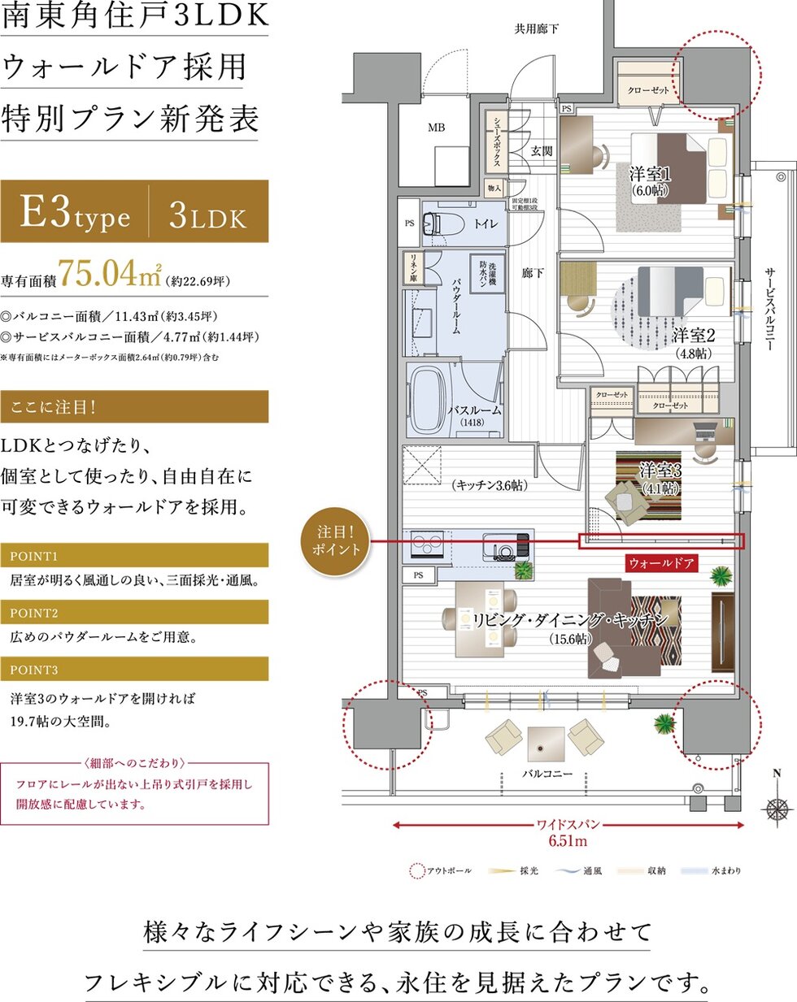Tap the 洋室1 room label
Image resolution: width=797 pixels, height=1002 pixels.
coord(650,175)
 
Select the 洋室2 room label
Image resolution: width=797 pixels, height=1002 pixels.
coord(693,336)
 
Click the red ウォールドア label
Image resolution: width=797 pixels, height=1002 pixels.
coord(661,562)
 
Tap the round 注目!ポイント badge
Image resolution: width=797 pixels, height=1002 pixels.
coord(336,540)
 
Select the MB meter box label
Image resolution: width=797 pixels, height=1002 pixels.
coord(437,128)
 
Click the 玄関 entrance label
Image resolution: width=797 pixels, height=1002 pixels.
coord(542,151)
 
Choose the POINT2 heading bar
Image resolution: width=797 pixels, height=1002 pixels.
coord(134,613)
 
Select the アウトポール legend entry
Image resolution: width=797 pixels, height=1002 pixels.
coord(440,871)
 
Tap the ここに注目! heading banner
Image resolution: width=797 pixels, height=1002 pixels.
coord(134,406)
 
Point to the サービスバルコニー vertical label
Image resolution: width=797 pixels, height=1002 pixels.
coord(769,309)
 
